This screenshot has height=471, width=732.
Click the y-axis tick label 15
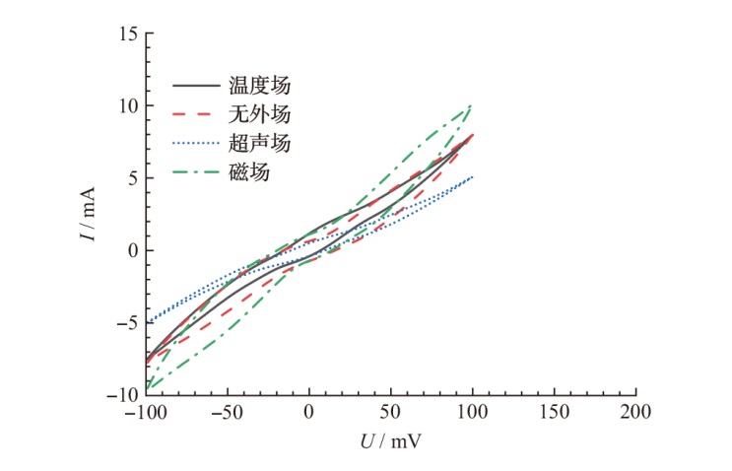pos(126,34)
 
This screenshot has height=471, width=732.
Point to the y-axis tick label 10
pos(126,105)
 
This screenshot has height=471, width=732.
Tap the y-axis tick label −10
pos(121,394)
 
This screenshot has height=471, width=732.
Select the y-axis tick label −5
pos(125,322)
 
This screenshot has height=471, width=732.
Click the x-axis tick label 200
pos(636,411)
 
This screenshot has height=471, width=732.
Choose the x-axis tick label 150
pos(555,411)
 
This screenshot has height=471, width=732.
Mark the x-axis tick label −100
pos(145,411)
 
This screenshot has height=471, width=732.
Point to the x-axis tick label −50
pos(228,411)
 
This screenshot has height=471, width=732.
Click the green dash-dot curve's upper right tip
pos(472,104)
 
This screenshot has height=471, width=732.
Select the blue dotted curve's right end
pos(473,177)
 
